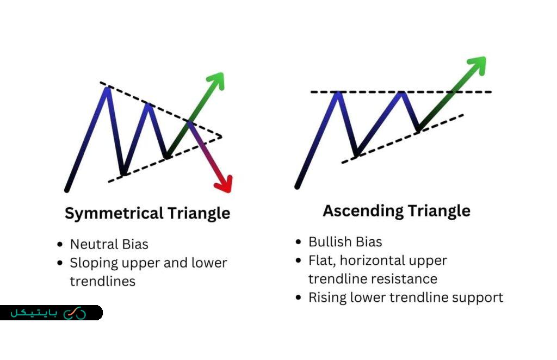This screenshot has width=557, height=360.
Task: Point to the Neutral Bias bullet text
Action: [109, 244]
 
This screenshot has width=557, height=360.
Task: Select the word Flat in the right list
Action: [320, 260]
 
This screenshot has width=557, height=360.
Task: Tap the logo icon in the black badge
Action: [75, 313]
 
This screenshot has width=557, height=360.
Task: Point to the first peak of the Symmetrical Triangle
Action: [107, 88]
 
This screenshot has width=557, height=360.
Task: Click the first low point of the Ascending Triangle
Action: [356, 156]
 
